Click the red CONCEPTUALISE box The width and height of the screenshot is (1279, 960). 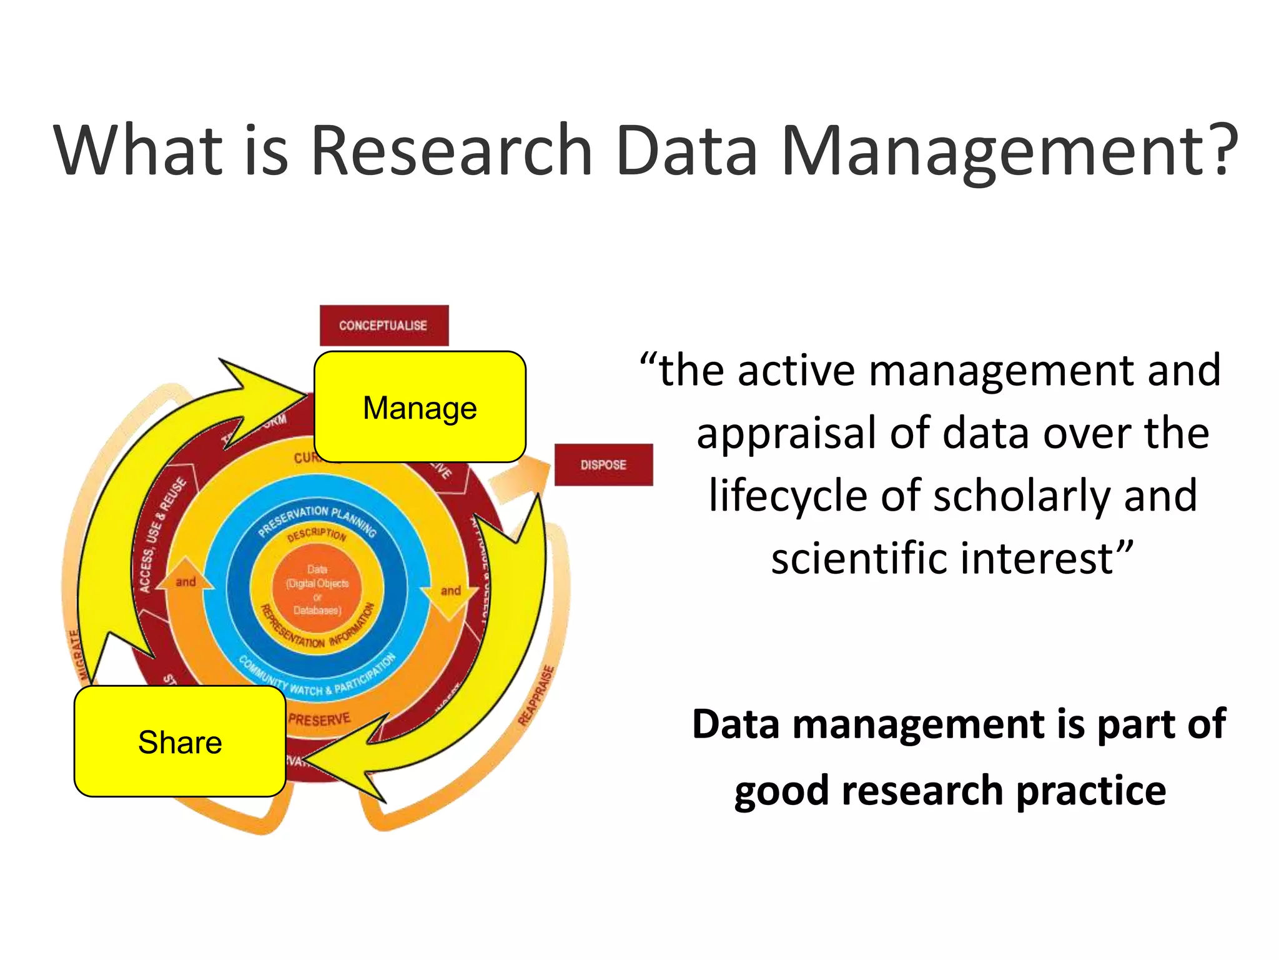coord(383,325)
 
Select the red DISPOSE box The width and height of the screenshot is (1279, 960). coord(603,464)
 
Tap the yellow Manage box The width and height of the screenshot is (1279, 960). coord(420,407)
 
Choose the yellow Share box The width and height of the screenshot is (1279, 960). coord(180,741)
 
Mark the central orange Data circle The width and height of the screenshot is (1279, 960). coord(317,589)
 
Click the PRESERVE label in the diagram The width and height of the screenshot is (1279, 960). coord(319,719)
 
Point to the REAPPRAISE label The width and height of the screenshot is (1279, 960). coord(536,696)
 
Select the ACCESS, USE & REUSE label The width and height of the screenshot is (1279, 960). coord(162,535)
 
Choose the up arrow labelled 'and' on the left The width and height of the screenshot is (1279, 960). coord(185,579)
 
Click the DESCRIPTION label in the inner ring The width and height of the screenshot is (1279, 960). coord(317,535)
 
